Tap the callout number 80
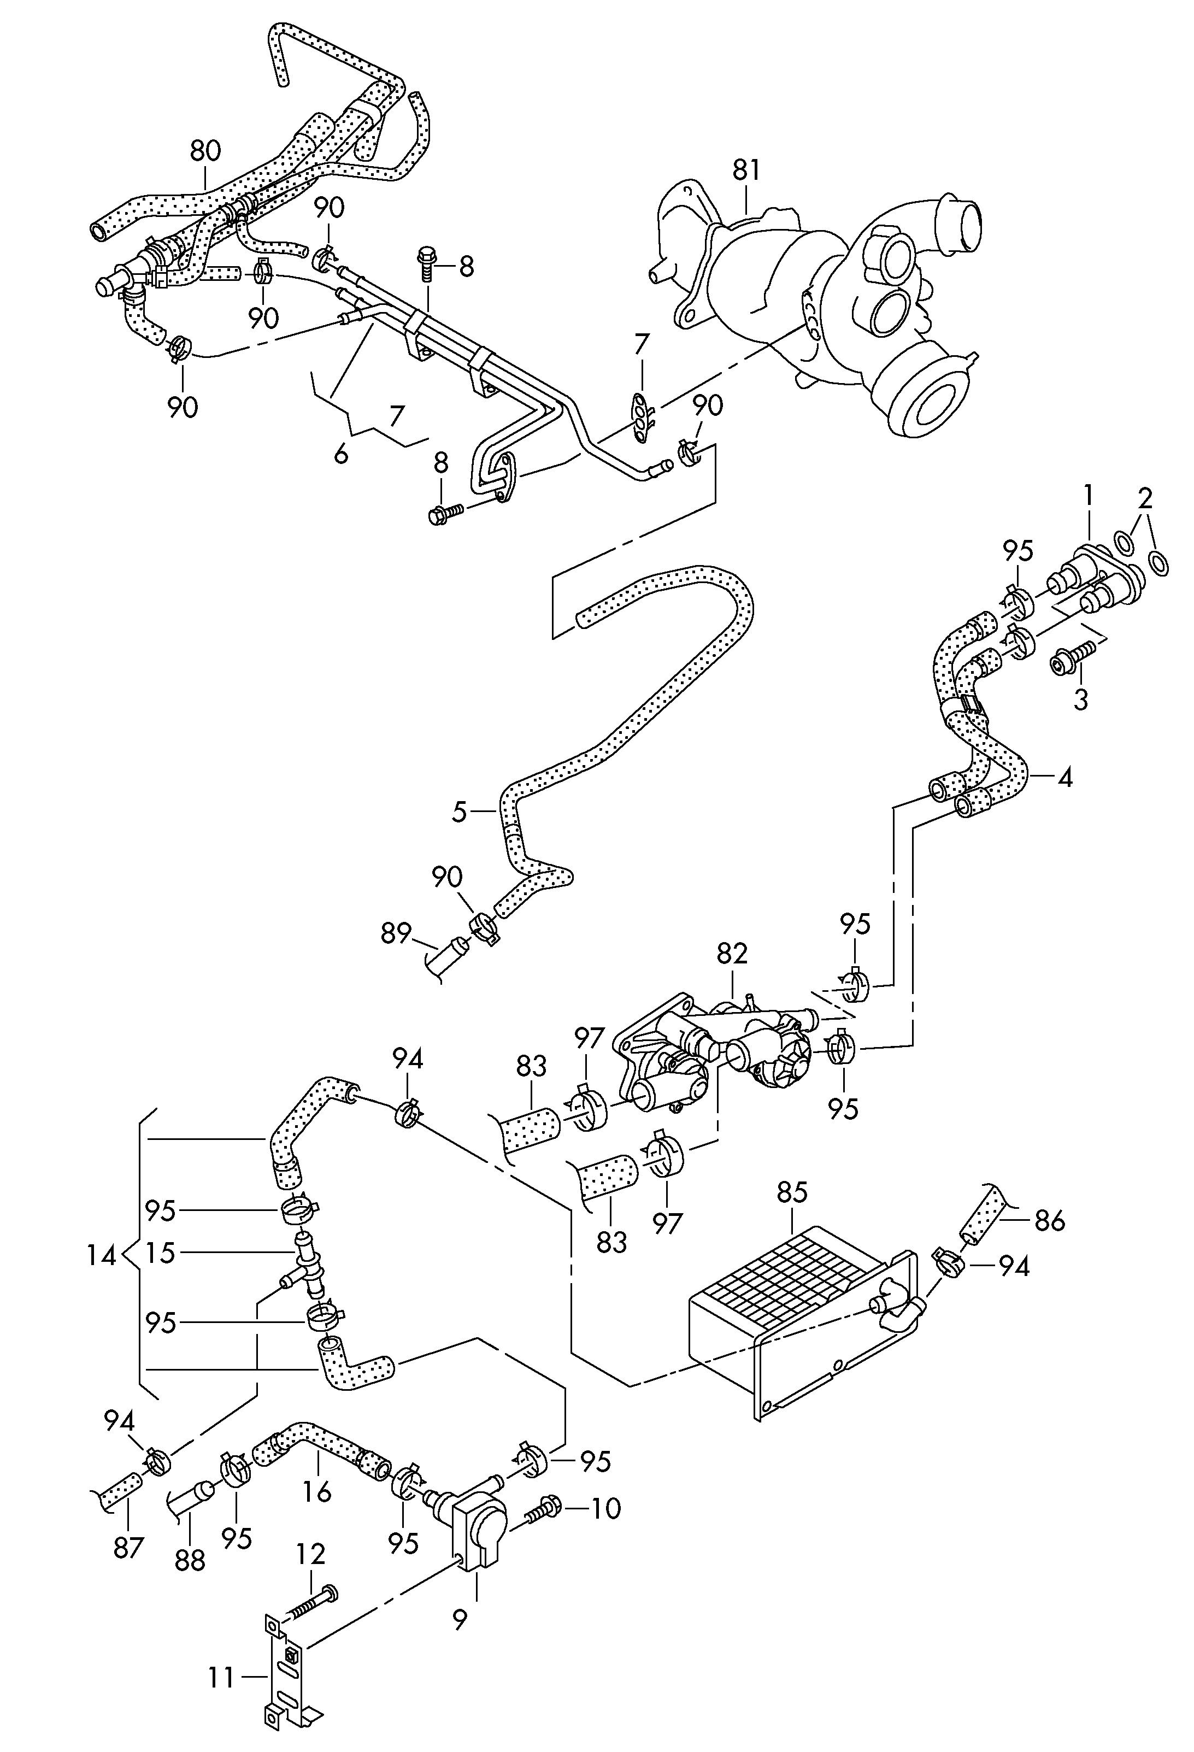(x=205, y=151)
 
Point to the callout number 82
(x=732, y=954)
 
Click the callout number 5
(x=460, y=812)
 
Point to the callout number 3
(x=1081, y=699)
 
